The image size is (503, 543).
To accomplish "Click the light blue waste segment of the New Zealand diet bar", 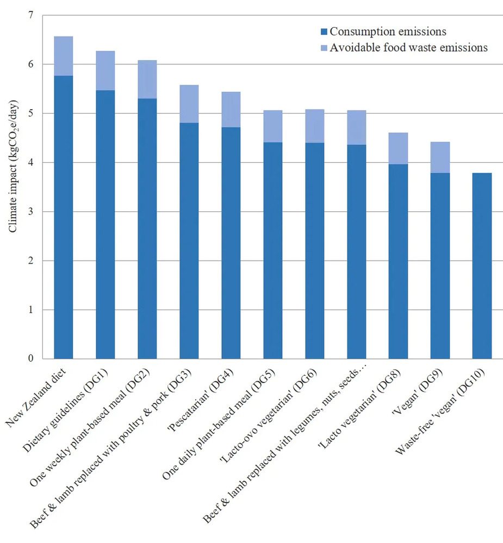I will pos(71,56).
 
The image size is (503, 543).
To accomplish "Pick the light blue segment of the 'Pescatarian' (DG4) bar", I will pos(238,109).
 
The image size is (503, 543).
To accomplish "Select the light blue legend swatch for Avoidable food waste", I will pos(325,48).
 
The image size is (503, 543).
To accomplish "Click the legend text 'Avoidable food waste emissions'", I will pos(408,48).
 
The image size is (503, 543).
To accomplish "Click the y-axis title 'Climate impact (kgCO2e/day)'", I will pos(13,168).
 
